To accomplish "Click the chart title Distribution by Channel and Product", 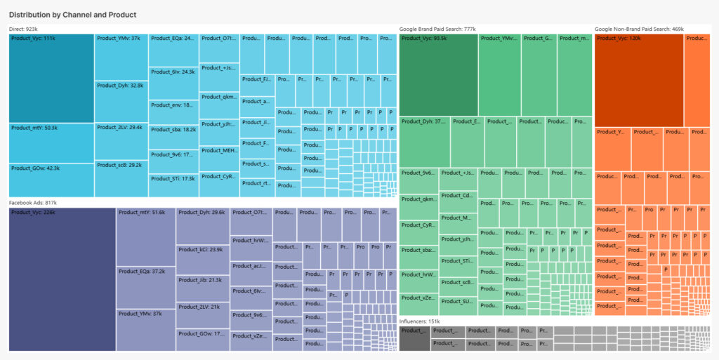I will click(72, 15).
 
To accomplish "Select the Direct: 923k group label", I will click(23, 29).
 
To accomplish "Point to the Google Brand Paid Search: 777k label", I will click(437, 29).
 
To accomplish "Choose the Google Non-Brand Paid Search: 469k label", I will click(639, 29).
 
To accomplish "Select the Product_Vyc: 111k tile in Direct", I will click(51, 78).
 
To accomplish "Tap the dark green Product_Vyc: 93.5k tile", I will click(439, 74).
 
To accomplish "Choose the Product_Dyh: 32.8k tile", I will click(121, 101).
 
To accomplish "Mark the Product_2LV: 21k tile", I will click(203, 316).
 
